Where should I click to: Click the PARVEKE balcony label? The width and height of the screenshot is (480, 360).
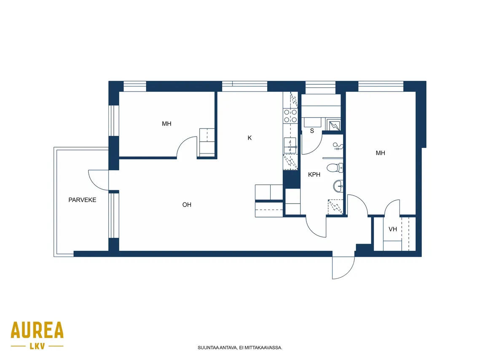click(82, 200)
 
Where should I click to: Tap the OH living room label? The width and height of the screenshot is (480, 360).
click(187, 205)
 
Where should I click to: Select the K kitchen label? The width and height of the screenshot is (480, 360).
click(249, 138)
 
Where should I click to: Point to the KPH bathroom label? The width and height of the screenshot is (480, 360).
click(314, 175)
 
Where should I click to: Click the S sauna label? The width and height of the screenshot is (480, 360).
click(312, 131)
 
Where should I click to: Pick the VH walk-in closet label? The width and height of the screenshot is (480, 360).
click(393, 229)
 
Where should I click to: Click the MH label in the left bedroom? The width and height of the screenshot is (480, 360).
click(166, 124)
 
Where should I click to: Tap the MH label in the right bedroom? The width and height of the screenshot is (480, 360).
click(381, 153)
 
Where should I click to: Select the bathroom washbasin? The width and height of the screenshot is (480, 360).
click(338, 186)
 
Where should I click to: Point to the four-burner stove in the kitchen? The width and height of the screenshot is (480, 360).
click(290, 116)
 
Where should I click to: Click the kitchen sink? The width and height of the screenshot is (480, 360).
click(290, 145)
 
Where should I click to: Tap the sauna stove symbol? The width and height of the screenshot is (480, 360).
click(334, 125)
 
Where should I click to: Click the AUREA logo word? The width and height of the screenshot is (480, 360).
click(37, 330)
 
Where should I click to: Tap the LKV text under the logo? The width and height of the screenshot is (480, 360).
click(38, 346)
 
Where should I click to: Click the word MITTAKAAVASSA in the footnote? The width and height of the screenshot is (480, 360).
click(263, 348)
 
